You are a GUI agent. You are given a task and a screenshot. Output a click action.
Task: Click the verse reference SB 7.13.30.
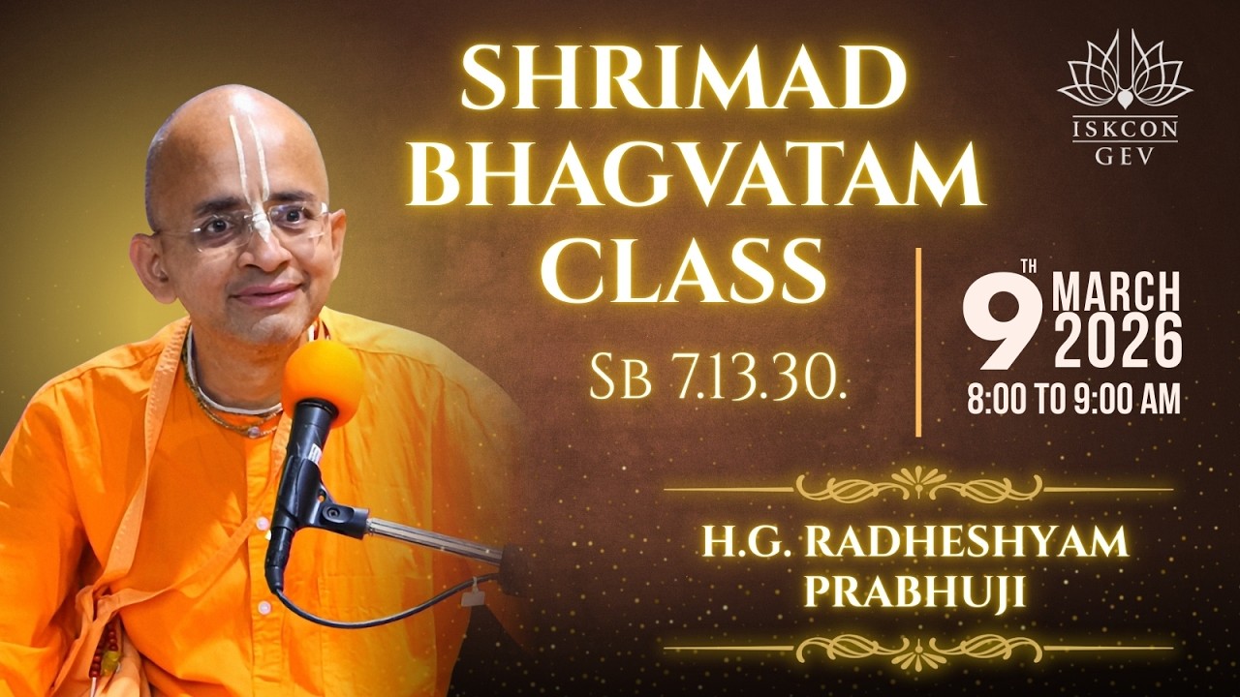point(719,379)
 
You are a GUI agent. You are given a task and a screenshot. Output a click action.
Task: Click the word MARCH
point(1116,292)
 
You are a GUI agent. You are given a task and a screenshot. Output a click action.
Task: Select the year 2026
point(1118,344)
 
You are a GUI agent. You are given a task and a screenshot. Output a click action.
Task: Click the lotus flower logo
point(1125,73)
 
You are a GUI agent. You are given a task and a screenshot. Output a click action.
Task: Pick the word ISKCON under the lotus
point(1125,130)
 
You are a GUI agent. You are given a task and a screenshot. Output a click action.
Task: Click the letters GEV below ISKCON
point(1125,157)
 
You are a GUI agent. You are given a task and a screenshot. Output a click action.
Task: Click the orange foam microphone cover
point(322,380)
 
